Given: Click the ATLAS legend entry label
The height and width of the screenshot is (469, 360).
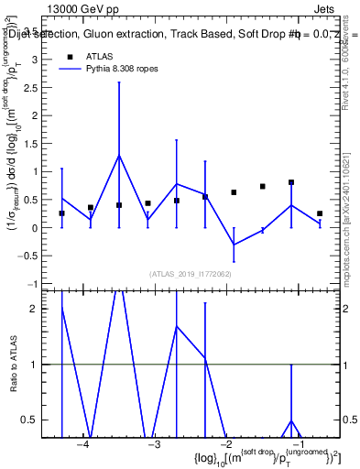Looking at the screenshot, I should point(99,56).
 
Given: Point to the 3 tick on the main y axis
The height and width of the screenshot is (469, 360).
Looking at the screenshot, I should point(37,59).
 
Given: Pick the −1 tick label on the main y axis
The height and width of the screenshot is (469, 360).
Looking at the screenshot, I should point(34,284).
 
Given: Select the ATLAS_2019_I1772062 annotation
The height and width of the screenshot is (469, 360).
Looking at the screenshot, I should point(191,274).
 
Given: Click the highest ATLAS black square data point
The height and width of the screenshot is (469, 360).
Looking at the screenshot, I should point(291,182).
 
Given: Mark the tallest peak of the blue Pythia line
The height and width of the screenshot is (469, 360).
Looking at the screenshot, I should point(119,155).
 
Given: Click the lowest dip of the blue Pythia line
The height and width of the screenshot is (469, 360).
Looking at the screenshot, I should point(234,245).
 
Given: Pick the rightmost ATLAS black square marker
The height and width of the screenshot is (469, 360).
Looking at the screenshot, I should point(320,213).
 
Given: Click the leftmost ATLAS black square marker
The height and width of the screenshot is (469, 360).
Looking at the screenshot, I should point(61,213).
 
